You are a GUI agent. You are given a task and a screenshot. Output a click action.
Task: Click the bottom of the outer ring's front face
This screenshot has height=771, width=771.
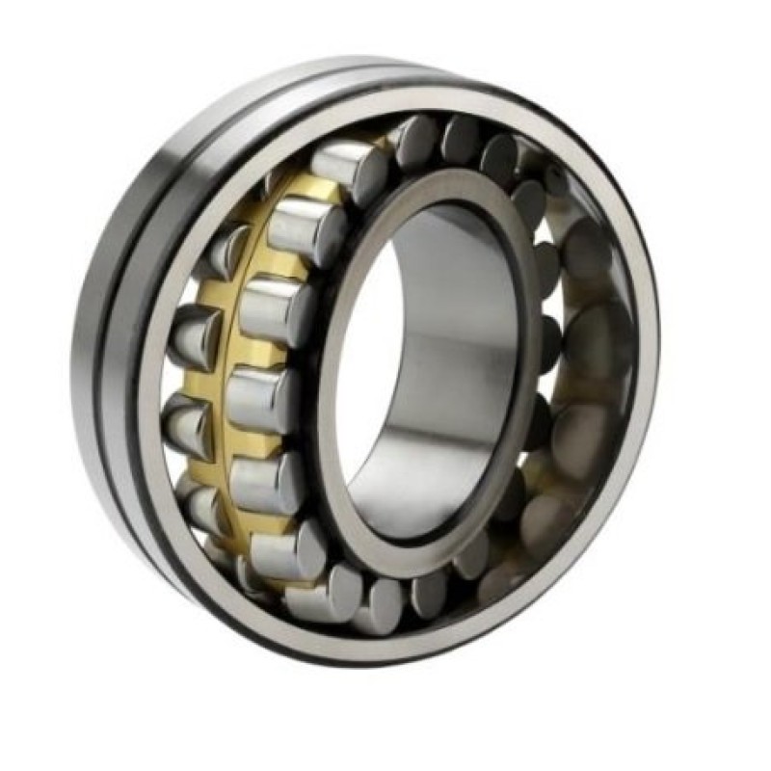coord(385,646)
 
